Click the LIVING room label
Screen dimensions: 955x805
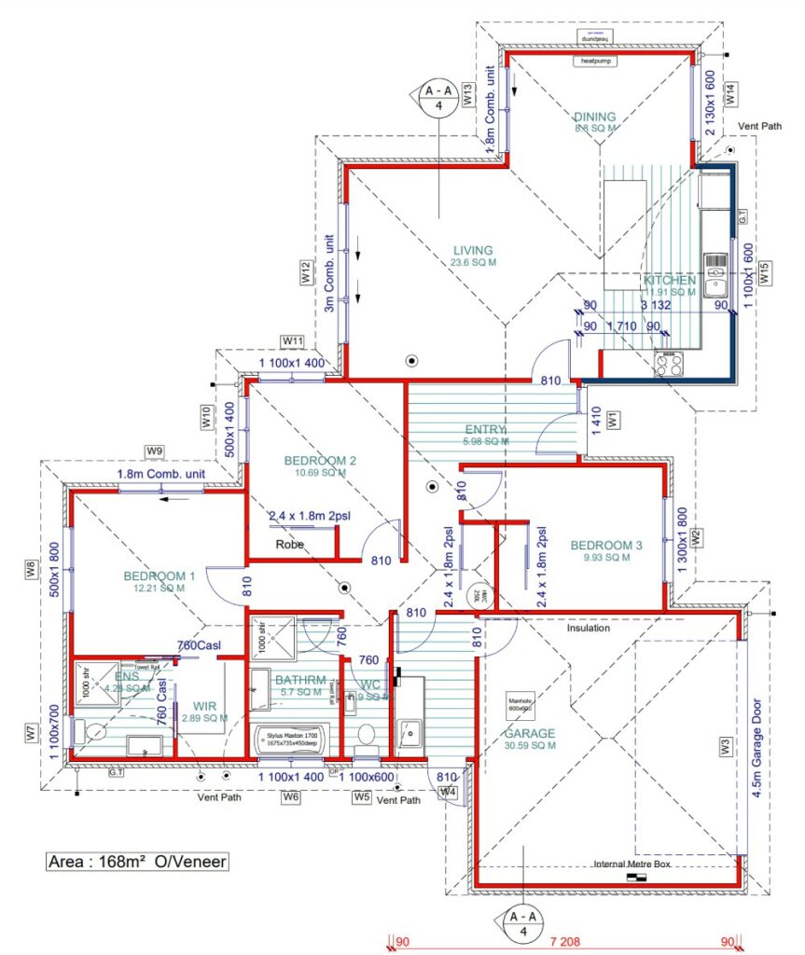473,250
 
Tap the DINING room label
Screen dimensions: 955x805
595,118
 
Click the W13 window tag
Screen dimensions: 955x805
468,95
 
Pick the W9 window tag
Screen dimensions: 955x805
155,451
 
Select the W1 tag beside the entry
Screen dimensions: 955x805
613,422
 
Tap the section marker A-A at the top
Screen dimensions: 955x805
438,98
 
